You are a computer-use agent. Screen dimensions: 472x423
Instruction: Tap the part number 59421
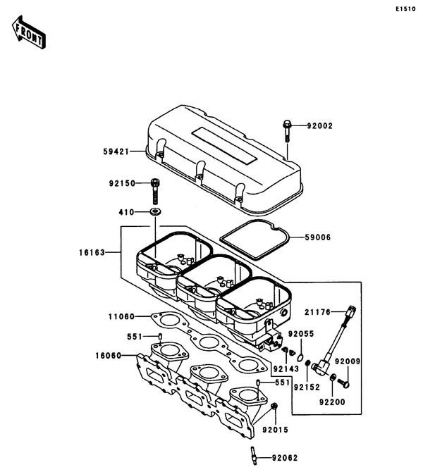pyautogui.click(x=116, y=150)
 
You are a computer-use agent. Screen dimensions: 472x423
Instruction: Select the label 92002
pyautogui.click(x=319, y=126)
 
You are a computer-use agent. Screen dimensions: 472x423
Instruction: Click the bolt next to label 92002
pyautogui.click(x=287, y=129)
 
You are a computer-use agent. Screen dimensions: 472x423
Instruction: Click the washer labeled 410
pyautogui.click(x=154, y=211)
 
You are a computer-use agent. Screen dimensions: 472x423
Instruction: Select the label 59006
pyautogui.click(x=319, y=237)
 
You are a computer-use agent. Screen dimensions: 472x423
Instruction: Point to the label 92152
pyautogui.click(x=307, y=387)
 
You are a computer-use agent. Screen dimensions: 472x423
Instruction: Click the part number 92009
pyautogui.click(x=348, y=361)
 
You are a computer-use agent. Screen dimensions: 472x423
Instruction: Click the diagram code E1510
pyautogui.click(x=405, y=10)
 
